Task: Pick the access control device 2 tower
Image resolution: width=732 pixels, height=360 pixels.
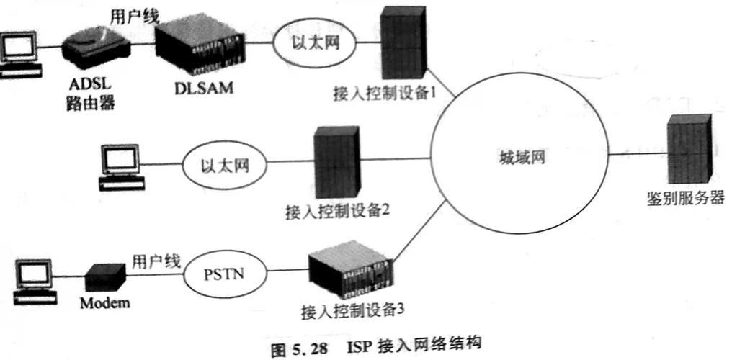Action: pyautogui.click(x=334, y=164)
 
